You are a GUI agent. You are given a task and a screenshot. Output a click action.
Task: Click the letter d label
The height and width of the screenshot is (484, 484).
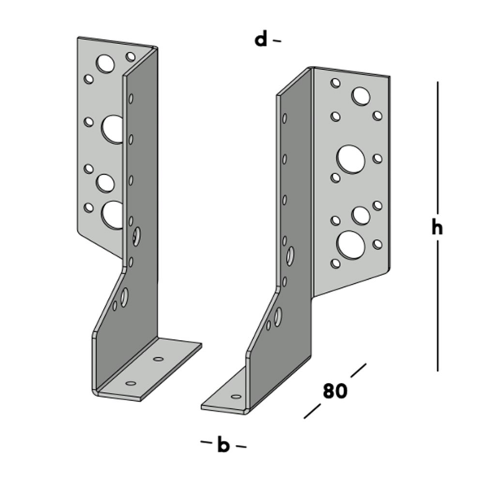coord(260,38)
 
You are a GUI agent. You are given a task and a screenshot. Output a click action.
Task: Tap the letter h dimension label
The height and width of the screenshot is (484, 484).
coord(437,228)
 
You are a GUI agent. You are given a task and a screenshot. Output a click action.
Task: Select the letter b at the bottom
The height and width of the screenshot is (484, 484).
coord(223,445)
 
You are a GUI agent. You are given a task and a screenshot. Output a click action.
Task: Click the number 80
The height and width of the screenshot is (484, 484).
coord(334,390)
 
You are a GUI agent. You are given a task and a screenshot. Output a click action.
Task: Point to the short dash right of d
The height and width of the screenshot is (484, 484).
coord(277,39)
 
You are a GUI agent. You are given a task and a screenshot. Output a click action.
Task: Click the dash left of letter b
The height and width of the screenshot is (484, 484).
coord(206,442)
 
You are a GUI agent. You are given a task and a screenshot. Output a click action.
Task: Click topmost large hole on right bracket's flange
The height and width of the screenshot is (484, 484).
coord(360,97)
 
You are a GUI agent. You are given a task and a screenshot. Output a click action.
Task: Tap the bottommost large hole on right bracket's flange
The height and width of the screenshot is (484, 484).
coord(350,243)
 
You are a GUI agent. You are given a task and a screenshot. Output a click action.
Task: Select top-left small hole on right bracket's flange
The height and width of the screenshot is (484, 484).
coord(334,83)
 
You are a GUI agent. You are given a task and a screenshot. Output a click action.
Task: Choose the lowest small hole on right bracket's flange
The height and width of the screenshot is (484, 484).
coord(334,262)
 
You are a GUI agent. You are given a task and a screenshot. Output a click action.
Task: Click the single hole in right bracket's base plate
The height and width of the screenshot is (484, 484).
coord(236,396)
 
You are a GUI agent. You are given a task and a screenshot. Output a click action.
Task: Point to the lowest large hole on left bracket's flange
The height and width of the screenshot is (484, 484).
coord(112,214)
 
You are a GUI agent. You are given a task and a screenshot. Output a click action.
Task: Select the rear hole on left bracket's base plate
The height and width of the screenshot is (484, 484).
coord(159,358)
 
